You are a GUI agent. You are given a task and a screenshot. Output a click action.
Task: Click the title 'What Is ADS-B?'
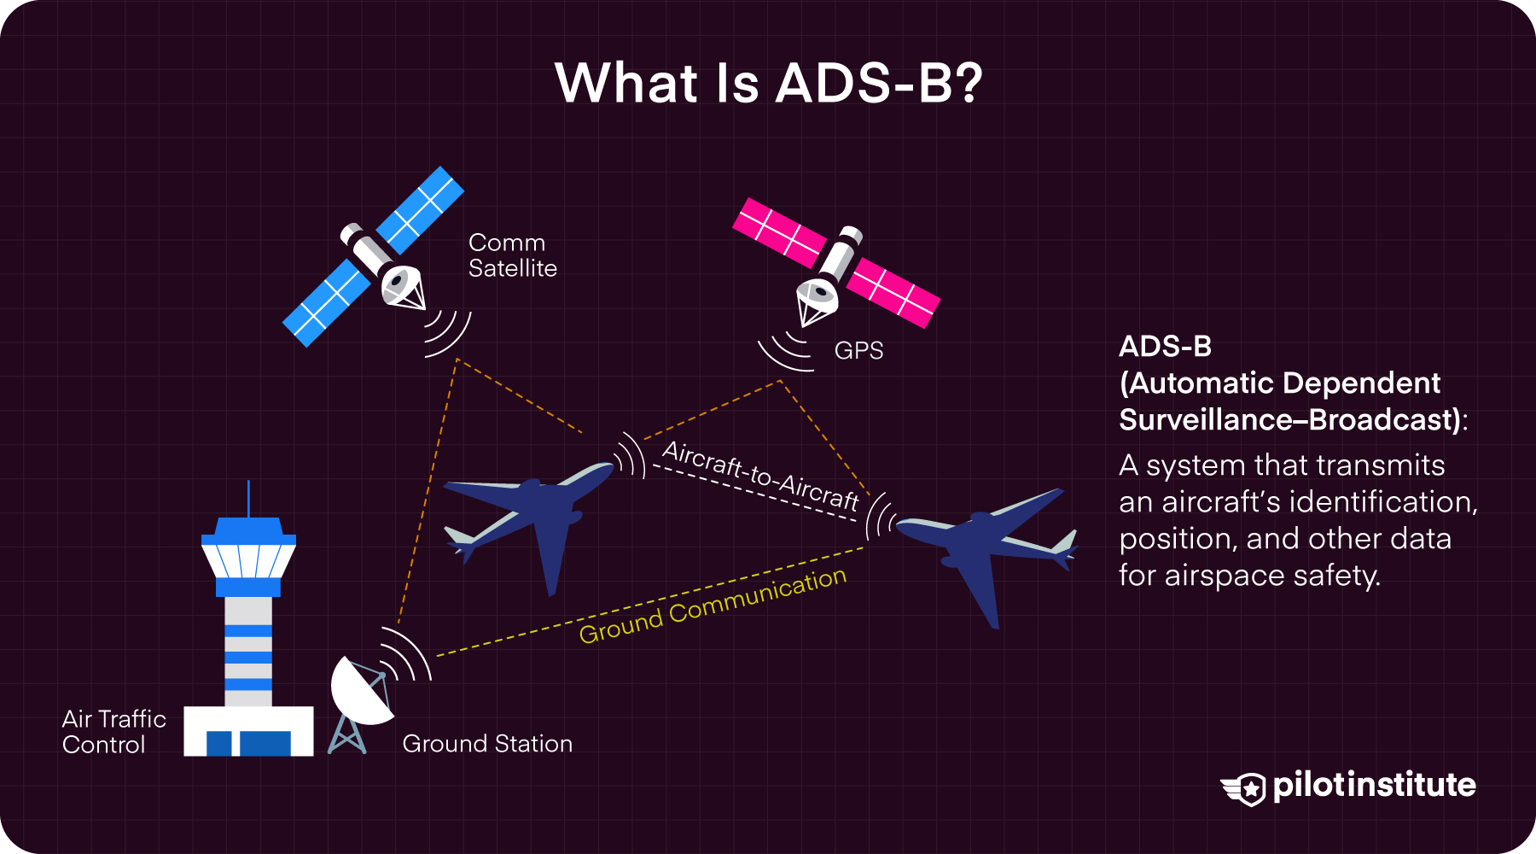(768, 83)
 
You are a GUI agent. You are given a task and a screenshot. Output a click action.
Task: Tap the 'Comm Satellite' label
(512, 255)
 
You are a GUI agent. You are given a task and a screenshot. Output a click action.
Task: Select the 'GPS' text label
(858, 350)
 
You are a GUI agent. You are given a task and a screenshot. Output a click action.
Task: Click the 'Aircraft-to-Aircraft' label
(760, 477)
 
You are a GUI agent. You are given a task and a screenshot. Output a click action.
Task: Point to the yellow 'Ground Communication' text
(713, 605)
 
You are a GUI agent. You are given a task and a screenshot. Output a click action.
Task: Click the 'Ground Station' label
(487, 744)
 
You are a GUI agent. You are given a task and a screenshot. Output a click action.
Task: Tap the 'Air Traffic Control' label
(113, 732)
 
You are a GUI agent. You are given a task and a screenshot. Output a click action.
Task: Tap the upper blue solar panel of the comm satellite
(420, 209)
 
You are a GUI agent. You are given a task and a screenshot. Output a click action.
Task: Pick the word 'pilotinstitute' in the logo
(1374, 786)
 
